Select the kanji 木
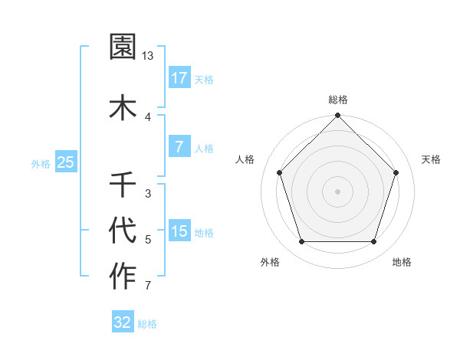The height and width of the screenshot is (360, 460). pos(123,106)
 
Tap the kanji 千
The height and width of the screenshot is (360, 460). pos(123,184)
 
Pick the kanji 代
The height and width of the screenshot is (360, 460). pos(123,229)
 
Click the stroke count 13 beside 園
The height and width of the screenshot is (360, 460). pos(148,56)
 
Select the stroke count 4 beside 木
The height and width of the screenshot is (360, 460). pos(148,116)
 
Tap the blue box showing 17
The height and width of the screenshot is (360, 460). pos(179,78)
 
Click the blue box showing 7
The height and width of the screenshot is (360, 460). pos(179,147)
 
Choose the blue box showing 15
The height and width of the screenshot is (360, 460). pos(179,231)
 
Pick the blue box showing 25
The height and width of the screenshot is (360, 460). pos(65,162)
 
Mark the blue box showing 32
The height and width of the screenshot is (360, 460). pos(123,322)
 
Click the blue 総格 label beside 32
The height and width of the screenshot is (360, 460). pos(147,324)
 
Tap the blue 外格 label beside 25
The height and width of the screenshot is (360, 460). pos(41,163)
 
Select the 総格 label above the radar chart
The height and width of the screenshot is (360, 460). pos(338,100)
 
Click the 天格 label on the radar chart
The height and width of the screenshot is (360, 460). pos(431,159)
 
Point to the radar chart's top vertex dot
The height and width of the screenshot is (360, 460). pos(338,116)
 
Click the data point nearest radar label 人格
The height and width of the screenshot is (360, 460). pos(280,172)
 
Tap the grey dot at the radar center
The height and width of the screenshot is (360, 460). pos(338,191)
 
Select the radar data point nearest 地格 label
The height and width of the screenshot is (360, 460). pos(374,242)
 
